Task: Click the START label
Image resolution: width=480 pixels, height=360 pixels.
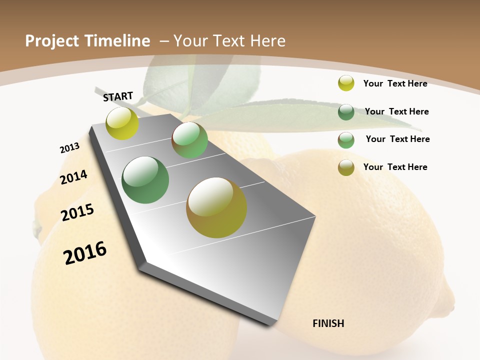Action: (118, 96)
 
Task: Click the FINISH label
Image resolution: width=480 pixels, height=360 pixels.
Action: (328, 323)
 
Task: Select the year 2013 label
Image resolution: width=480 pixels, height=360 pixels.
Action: (69, 148)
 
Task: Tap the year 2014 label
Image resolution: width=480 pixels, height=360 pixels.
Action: (73, 177)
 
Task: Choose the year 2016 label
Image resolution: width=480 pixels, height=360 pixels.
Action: (85, 252)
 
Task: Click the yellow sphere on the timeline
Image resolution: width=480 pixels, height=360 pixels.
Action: (122, 123)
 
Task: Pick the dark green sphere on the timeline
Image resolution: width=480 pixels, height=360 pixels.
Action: (145, 180)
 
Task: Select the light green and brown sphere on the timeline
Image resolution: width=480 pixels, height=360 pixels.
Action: (189, 140)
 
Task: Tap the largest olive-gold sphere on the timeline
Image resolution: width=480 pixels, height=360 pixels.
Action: (216, 207)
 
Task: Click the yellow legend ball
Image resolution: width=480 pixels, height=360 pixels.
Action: (346, 83)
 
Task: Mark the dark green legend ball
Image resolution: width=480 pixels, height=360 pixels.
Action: (346, 112)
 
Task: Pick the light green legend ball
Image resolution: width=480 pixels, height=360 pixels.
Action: (346, 140)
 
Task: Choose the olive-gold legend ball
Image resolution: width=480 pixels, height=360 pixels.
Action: (346, 167)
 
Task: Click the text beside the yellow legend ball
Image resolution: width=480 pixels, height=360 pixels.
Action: (395, 83)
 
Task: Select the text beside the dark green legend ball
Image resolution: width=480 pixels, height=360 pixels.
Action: (396, 111)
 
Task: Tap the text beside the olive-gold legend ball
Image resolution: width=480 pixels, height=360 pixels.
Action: (395, 167)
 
